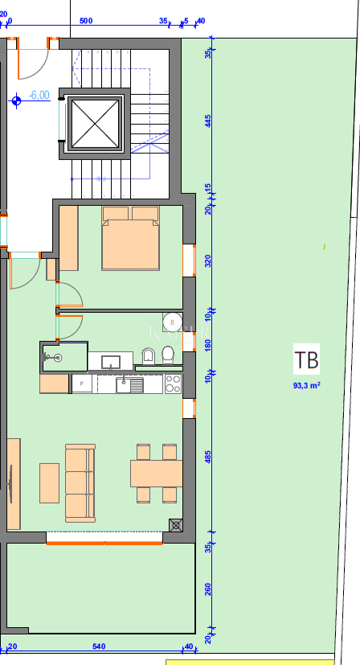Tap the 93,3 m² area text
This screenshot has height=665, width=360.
coord(306,385)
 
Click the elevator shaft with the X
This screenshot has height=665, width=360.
coord(96,124)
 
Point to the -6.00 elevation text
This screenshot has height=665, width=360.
coord(39,95)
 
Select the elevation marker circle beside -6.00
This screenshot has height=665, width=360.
coord(17,101)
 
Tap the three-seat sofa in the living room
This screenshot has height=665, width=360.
coord(80,482)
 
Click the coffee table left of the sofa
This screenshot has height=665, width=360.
coord(49,482)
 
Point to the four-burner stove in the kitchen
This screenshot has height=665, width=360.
coord(173,384)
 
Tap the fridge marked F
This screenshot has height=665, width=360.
coord(81,384)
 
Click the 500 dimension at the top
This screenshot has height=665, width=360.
coord(87,21)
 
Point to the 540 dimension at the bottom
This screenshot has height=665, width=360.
coord(100,646)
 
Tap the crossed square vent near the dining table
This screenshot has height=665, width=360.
coord(176,525)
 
